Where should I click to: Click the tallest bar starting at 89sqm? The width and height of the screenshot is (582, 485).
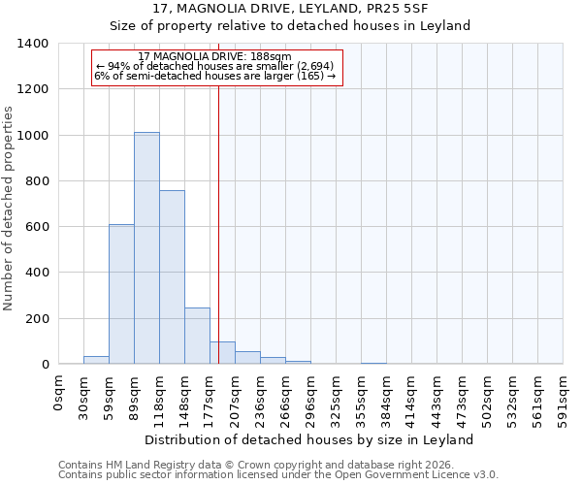pyautogui.click(x=146, y=248)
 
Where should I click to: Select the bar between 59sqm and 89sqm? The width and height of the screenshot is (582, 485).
pyautogui.click(x=121, y=294)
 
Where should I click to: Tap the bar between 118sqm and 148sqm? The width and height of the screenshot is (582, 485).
pyautogui.click(x=172, y=277)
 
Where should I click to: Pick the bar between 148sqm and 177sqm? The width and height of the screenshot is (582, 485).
pyautogui.click(x=197, y=336)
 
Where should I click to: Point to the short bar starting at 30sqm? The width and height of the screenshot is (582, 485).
pyautogui.click(x=96, y=360)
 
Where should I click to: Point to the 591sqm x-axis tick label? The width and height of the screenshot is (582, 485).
pyautogui.click(x=563, y=400)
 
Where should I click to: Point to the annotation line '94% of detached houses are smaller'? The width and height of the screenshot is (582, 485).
pyautogui.click(x=214, y=67)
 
